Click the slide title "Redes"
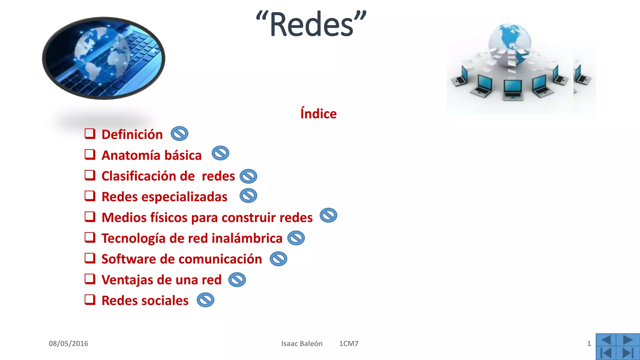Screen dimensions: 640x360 [311, 24]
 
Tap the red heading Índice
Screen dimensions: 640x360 [318, 114]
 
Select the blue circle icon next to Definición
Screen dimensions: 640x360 [179, 134]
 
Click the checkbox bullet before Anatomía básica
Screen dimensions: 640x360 [90, 154]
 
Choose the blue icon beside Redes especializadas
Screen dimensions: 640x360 [248, 196]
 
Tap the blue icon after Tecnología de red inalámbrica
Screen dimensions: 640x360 [296, 238]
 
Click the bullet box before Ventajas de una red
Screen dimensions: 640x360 [90, 279]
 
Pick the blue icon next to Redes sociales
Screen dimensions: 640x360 [205, 300]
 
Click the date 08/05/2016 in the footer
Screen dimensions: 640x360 [68, 344]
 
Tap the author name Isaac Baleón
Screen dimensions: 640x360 [302, 344]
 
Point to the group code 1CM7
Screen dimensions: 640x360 [349, 344]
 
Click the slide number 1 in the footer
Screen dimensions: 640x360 [589, 344]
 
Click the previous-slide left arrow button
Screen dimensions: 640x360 [606, 340]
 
